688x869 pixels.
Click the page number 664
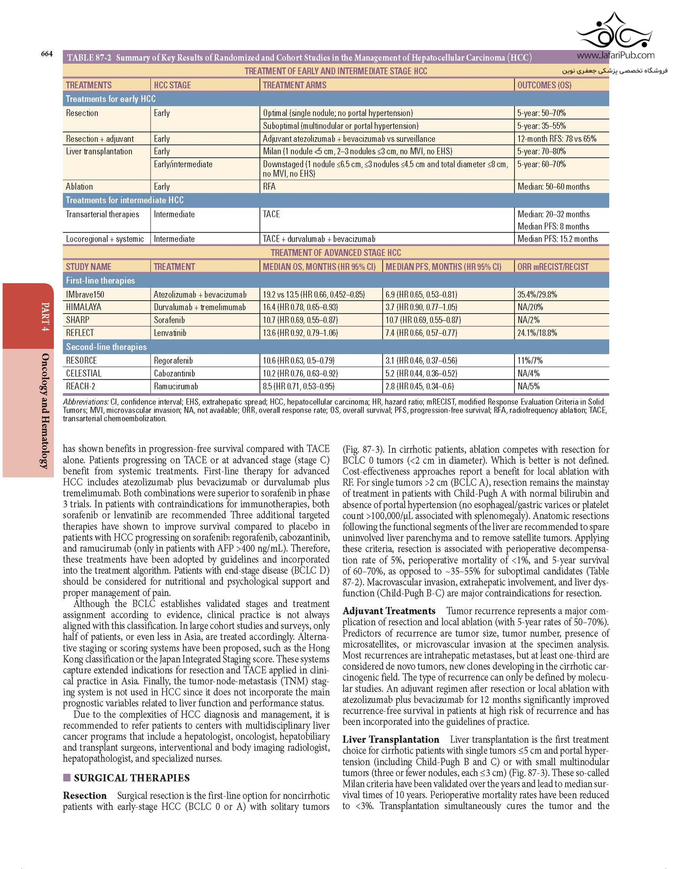pos(47,54)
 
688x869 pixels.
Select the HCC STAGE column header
pos(172,85)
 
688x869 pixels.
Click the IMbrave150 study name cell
pos(85,295)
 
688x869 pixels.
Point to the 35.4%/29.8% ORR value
pos(537,295)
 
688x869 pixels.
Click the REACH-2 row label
pos(81,387)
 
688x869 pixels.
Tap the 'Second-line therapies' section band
pos(106,347)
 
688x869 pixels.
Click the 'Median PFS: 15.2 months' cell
pos(558,239)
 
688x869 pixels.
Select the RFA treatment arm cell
pos(269,187)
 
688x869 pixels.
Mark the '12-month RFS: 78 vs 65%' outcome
pos(557,139)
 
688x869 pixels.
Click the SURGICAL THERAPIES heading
pos(132,778)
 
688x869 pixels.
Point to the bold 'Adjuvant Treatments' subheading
pos(389,611)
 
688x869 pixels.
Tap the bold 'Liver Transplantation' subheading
pos(391,740)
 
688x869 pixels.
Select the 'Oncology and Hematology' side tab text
pos(45,411)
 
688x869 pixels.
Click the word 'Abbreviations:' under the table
pos(85,402)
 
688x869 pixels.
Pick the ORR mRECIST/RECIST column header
pos(553,267)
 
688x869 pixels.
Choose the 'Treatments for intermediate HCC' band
pos(125,200)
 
